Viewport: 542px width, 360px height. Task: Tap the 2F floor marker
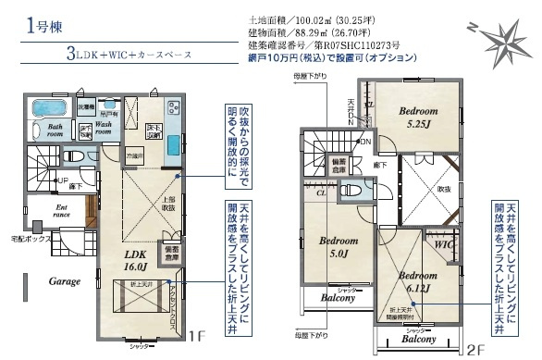pyautogui.click(x=475, y=349)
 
